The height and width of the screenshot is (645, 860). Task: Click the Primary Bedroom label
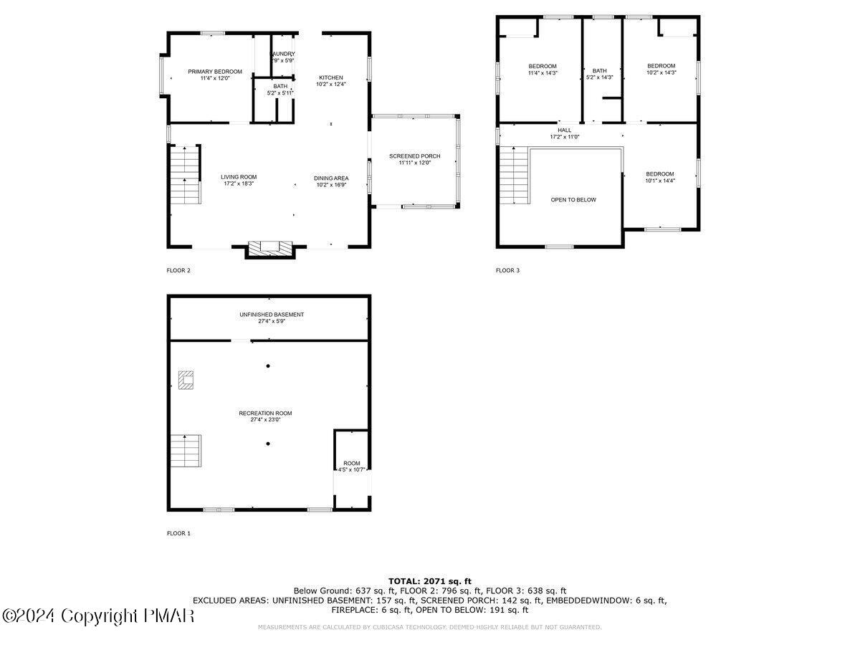click(215, 75)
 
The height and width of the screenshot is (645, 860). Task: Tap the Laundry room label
click(282, 57)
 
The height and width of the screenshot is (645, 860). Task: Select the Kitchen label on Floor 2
click(331, 80)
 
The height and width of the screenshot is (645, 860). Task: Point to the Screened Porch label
click(414, 159)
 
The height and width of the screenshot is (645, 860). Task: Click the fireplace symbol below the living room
click(269, 248)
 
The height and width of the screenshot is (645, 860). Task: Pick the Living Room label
click(238, 180)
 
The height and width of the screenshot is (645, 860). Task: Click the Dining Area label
click(331, 181)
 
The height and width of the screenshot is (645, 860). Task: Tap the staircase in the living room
click(185, 175)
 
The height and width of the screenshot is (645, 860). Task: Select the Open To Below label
click(573, 200)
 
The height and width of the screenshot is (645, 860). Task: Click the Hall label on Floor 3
click(565, 133)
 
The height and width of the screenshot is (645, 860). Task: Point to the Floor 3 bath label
click(600, 74)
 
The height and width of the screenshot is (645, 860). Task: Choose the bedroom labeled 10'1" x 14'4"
click(659, 177)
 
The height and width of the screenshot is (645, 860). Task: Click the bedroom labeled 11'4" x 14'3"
click(542, 70)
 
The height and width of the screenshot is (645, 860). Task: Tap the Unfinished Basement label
click(271, 317)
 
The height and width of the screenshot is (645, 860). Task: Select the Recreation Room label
click(265, 416)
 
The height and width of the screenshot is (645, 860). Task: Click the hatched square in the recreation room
click(186, 379)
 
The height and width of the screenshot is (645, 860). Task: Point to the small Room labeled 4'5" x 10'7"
click(351, 466)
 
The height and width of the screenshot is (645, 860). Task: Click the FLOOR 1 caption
click(178, 533)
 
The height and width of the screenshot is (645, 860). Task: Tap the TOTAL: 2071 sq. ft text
click(430, 580)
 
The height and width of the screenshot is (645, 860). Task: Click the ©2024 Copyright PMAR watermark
click(98, 616)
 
